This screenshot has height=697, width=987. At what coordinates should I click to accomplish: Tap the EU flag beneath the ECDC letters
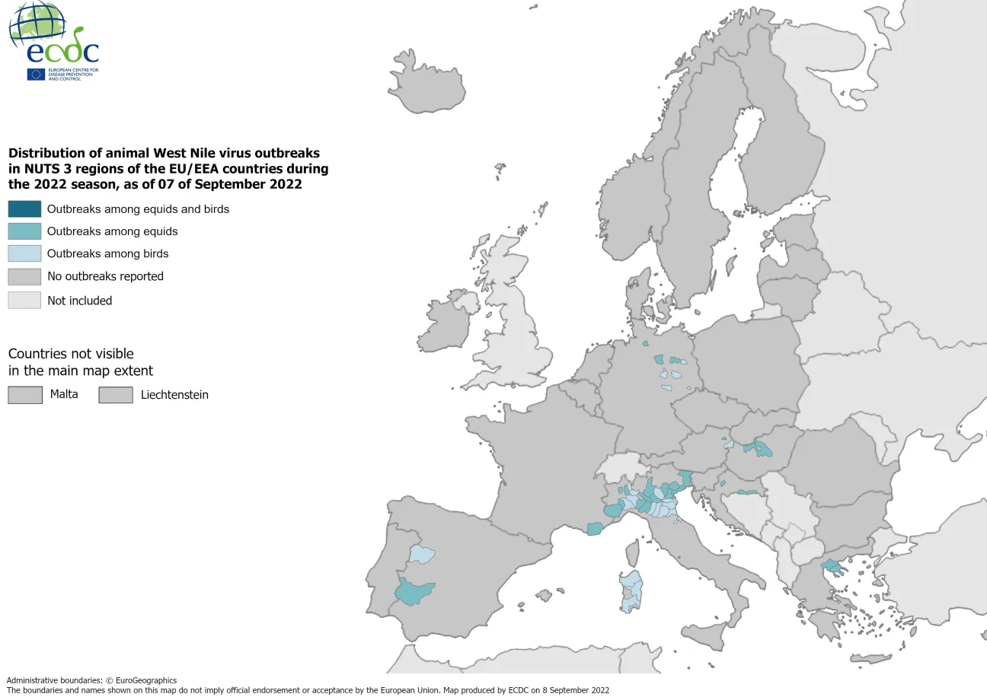pos(36,74)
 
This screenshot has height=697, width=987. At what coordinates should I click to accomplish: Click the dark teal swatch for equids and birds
pos(24,208)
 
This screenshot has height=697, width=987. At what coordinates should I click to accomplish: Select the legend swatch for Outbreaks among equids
pos(24,231)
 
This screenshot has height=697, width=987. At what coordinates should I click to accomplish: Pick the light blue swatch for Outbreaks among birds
pos(24,253)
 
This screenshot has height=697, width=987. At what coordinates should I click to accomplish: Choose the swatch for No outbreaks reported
pos(24,276)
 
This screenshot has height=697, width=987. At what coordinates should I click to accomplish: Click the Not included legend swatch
pos(24,301)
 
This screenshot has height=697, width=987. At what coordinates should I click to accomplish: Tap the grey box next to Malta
pos(24,395)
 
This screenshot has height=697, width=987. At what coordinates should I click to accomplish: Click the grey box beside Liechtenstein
pos(116,395)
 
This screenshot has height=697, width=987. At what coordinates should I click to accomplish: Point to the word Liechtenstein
pos(174,395)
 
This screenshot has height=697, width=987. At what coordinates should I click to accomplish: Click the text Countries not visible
pos(71,354)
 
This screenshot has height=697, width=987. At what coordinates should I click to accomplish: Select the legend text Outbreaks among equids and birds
pos(138,208)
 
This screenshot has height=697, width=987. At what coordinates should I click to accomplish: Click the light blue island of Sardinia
pos(631,590)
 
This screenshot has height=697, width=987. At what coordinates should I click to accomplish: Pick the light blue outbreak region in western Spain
pos(420,554)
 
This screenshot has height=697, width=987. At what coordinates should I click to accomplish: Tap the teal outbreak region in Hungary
pos(759,448)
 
